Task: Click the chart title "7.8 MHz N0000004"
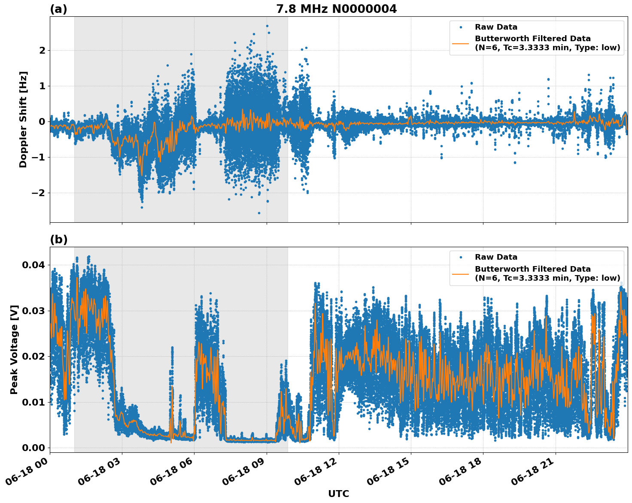coord(336,9)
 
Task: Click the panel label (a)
coord(58,9)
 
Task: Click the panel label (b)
coord(58,239)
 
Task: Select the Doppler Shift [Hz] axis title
coord(23,119)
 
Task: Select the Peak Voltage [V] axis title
coord(14,350)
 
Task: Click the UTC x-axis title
coord(338,494)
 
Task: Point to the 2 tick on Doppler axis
coord(42,51)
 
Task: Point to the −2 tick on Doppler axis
coord(38,193)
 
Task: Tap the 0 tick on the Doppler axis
coord(42,122)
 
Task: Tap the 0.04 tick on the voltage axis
coord(33,265)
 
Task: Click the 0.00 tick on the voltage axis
coord(33,448)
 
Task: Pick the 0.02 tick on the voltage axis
coord(33,356)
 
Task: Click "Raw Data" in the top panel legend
coord(496,27)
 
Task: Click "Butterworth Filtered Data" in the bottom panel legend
coord(532,269)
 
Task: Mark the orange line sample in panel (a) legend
coord(461,43)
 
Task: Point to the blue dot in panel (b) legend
coord(461,258)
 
